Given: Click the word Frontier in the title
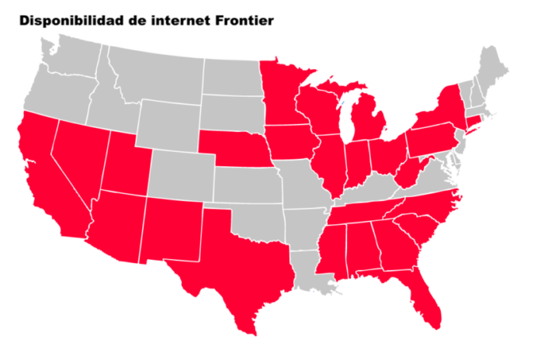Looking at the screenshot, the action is pos(241,20).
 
